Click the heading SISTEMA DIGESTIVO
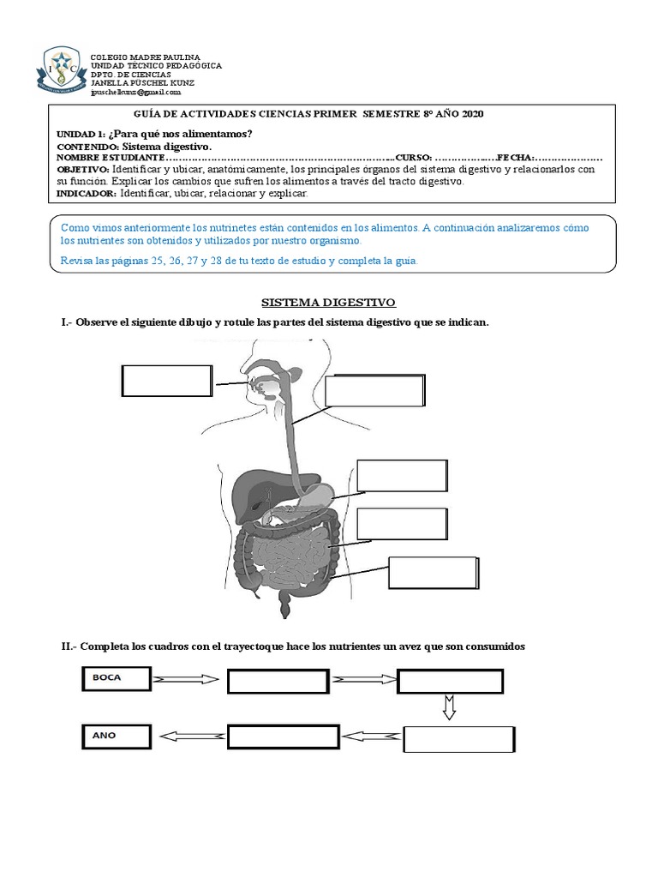click(x=328, y=303)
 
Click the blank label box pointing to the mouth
click(x=167, y=382)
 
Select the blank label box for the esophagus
click(x=375, y=390)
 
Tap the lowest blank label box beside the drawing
click(x=434, y=574)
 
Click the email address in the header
click(x=135, y=92)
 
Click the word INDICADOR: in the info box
click(x=87, y=194)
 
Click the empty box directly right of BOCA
click(x=278, y=682)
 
